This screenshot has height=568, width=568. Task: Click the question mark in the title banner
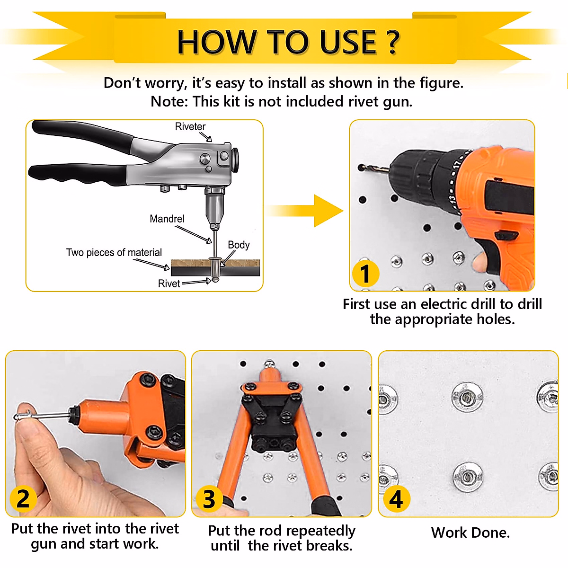(392, 42)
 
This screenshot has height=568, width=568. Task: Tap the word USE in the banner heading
(348, 42)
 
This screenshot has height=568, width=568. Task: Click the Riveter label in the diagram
(190, 126)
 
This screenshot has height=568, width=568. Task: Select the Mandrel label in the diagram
(167, 219)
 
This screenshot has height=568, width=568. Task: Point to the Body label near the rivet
(239, 245)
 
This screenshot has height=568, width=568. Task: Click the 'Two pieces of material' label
(114, 252)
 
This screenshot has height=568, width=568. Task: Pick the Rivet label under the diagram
(169, 283)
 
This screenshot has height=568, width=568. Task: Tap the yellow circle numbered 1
(365, 274)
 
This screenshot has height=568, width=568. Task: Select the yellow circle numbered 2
(23, 499)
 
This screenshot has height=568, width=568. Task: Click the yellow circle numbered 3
(209, 499)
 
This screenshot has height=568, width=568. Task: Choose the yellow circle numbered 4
(397, 499)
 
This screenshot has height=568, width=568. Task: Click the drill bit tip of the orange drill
(361, 168)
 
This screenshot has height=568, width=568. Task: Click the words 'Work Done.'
(470, 532)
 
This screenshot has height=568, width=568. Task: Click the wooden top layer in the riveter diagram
(215, 263)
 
